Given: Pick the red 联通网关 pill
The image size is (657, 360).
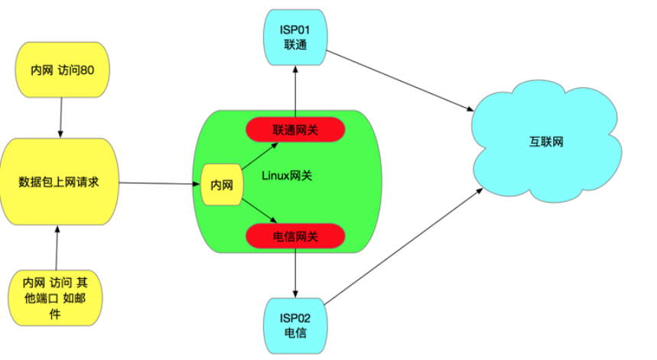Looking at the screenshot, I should click(x=295, y=130).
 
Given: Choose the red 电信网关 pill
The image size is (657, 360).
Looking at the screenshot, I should click(x=295, y=237).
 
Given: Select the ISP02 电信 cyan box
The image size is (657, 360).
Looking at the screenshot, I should click(x=294, y=326).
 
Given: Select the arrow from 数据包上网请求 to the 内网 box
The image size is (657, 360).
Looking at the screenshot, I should click(x=157, y=183).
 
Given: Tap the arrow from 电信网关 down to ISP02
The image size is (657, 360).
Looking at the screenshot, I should click(x=295, y=273).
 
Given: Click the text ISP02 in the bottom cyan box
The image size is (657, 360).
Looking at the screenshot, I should click(x=294, y=317).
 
